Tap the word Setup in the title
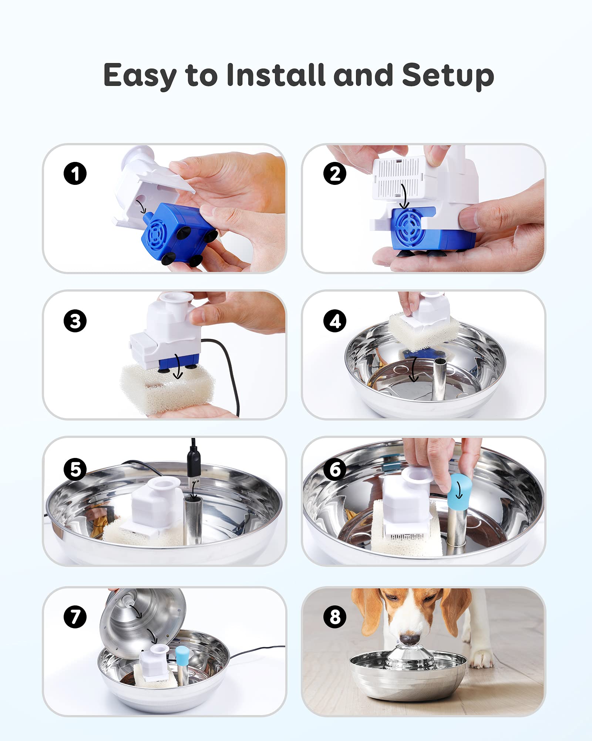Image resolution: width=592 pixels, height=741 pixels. coord(448,76)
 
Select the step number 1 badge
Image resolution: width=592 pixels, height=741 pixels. coord(75,173)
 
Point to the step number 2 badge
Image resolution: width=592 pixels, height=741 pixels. coord(335,173)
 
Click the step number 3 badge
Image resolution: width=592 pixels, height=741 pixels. coord(75,321)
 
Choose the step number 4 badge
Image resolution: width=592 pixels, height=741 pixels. coord(335,321)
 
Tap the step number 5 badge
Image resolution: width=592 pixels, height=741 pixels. coord(75,469)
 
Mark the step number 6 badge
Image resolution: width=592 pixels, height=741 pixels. coord(335,469)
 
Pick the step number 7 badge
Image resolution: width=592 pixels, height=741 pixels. coord(75,617)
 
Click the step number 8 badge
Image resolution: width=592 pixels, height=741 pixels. coord(335,617)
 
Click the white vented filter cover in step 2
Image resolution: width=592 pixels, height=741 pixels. coord(398,177)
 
